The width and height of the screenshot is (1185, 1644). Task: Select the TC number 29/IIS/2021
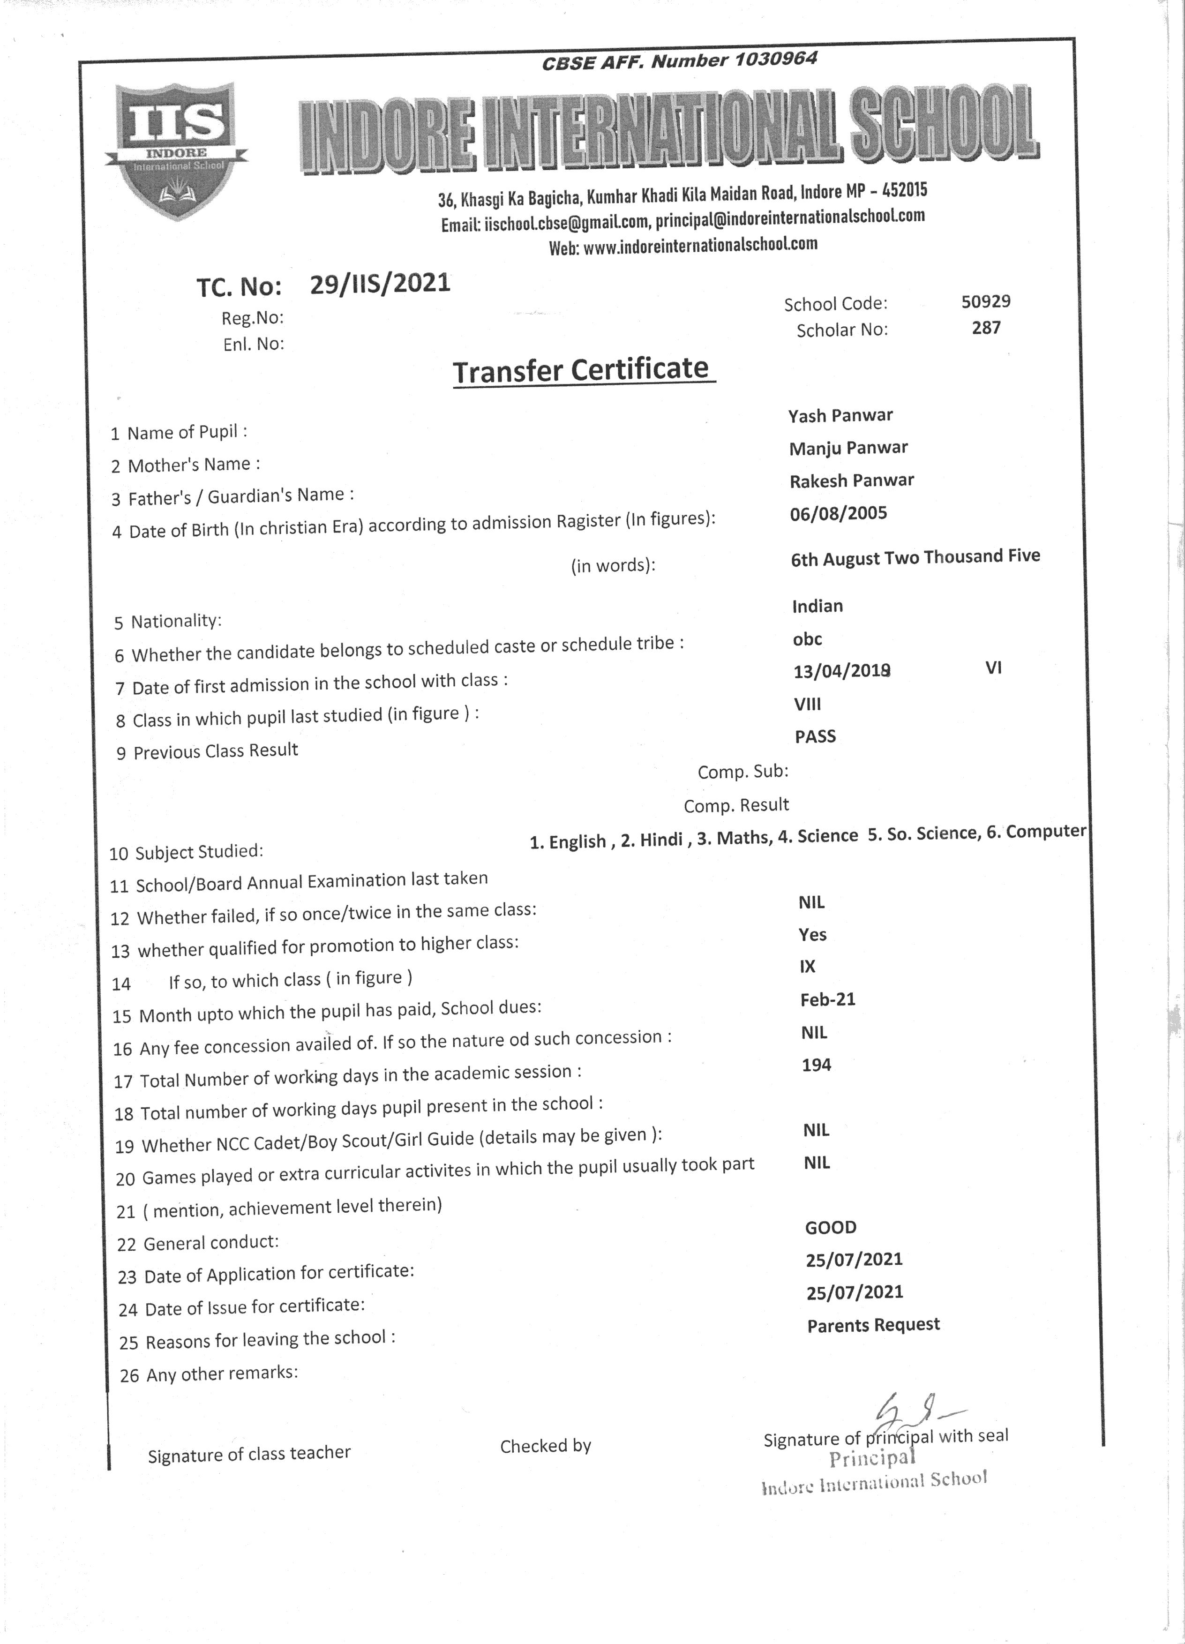click(380, 284)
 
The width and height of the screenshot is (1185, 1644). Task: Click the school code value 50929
click(986, 301)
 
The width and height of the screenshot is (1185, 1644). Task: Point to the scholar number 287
click(986, 328)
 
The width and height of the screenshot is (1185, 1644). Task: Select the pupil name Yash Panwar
click(840, 415)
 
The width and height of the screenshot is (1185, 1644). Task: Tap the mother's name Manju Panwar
click(848, 448)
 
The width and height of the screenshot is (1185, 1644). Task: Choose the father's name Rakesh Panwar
click(852, 480)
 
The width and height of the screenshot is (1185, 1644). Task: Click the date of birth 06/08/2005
click(838, 513)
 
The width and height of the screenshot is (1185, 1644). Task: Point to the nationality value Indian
click(817, 606)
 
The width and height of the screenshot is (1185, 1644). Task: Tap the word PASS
click(815, 736)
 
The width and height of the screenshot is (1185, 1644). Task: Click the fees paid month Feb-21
click(828, 999)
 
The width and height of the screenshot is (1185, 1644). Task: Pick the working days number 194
click(816, 1065)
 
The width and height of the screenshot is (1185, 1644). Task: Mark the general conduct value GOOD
click(831, 1227)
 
